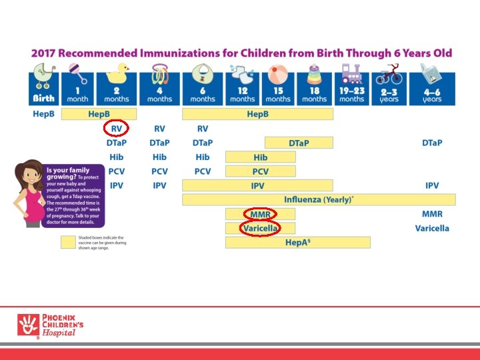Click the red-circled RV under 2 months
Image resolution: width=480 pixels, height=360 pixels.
pyautogui.click(x=116, y=129)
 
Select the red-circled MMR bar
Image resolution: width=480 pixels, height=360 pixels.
pyautogui.click(x=260, y=214)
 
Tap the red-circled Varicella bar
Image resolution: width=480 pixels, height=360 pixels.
pyautogui.click(x=260, y=228)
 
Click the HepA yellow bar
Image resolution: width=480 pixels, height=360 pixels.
pyautogui.click(x=297, y=242)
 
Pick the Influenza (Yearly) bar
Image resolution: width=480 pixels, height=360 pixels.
pyautogui.click(x=319, y=199)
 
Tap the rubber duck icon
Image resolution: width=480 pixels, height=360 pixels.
pyautogui.click(x=121, y=72)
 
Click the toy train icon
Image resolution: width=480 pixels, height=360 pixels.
pyautogui.click(x=351, y=73)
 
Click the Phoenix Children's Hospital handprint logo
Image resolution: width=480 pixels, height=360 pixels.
pyautogui.click(x=27, y=325)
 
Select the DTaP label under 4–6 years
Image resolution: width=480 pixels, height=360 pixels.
pyautogui.click(x=432, y=143)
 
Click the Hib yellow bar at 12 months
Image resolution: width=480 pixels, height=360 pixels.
pyautogui.click(x=260, y=157)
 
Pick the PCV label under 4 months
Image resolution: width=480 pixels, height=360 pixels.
pyautogui.click(x=159, y=171)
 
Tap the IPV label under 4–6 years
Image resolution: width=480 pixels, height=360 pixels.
pyautogui.click(x=432, y=185)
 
